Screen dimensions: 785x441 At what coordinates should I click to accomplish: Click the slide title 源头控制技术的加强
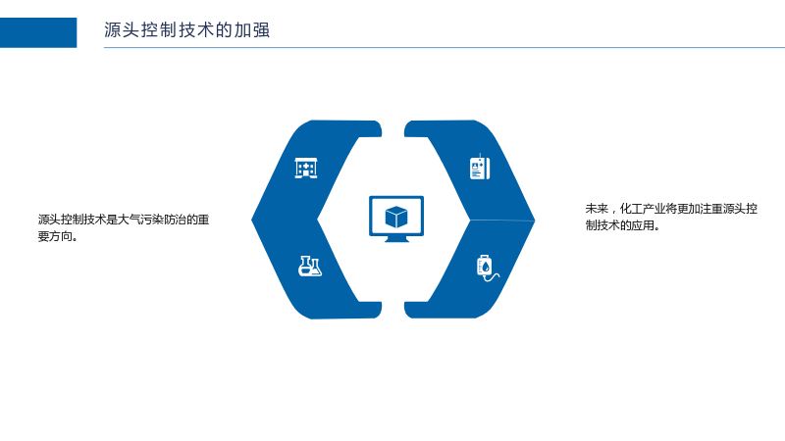186,30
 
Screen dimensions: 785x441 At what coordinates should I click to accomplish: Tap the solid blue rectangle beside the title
38,32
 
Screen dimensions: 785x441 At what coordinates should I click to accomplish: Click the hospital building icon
306,168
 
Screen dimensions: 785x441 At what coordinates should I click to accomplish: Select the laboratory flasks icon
310,266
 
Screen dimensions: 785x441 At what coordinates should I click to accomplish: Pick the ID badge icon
480,167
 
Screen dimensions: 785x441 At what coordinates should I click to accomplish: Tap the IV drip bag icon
487,269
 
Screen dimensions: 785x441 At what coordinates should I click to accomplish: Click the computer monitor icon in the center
396,219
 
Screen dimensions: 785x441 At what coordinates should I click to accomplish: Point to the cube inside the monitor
396,217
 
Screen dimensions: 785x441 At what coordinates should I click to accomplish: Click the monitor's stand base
396,239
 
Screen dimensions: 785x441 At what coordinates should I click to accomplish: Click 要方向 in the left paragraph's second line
55,236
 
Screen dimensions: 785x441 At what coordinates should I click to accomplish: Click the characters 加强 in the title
252,30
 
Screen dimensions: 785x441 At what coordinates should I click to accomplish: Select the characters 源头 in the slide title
122,30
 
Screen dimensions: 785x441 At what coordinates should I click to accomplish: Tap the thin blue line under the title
445,47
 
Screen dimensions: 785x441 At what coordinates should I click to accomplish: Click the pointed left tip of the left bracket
252,219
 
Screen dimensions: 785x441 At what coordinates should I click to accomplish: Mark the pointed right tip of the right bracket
534,220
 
